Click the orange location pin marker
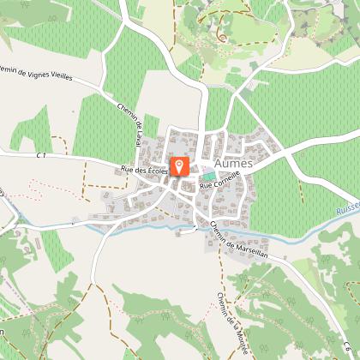[x=179, y=165]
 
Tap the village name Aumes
[x=235, y=162]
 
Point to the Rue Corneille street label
[x=219, y=177]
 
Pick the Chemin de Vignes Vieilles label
[x=43, y=73]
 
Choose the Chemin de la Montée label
[x=227, y=318]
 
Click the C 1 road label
[x=41, y=155]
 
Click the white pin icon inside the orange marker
[x=179, y=163]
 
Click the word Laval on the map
[x=139, y=137]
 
